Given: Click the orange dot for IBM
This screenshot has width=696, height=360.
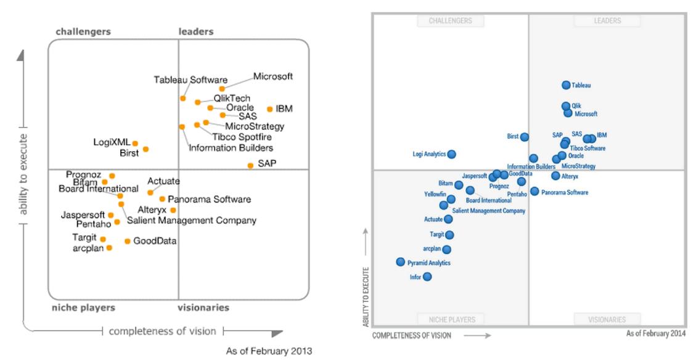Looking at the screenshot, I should click(269, 109).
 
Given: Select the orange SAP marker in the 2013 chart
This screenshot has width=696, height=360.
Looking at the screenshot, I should click(250, 165).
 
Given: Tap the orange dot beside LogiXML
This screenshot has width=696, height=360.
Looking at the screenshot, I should click(135, 144).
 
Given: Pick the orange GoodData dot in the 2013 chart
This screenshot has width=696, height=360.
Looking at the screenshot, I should click(128, 241).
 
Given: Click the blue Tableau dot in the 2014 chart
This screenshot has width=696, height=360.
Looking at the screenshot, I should click(566, 85).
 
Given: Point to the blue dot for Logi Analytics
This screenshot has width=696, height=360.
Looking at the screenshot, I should click(452, 154).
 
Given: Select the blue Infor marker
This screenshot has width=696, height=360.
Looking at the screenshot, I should click(427, 277).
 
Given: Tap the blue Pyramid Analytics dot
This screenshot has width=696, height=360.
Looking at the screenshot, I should click(401, 262).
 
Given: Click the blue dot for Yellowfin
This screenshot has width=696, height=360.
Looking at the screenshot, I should click(451, 199).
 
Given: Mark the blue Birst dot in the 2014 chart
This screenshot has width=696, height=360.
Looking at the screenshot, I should click(524, 137).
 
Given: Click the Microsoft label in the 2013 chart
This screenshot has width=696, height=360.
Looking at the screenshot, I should click(273, 76).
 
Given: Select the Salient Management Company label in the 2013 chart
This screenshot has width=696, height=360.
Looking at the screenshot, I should click(191, 220).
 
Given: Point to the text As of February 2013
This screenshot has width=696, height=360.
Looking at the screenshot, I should click(269, 351).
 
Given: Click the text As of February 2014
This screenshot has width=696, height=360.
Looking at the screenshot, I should click(655, 333).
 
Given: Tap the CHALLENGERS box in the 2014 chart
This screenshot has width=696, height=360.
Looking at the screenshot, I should click(450, 21).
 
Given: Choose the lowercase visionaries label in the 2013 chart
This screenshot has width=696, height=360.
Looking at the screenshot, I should click(203, 308).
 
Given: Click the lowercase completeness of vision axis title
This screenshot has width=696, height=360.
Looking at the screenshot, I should click(163, 331).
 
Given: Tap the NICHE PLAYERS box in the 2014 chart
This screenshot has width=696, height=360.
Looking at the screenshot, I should click(450, 319).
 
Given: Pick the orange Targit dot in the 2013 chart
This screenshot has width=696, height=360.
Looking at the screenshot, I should click(103, 239).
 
